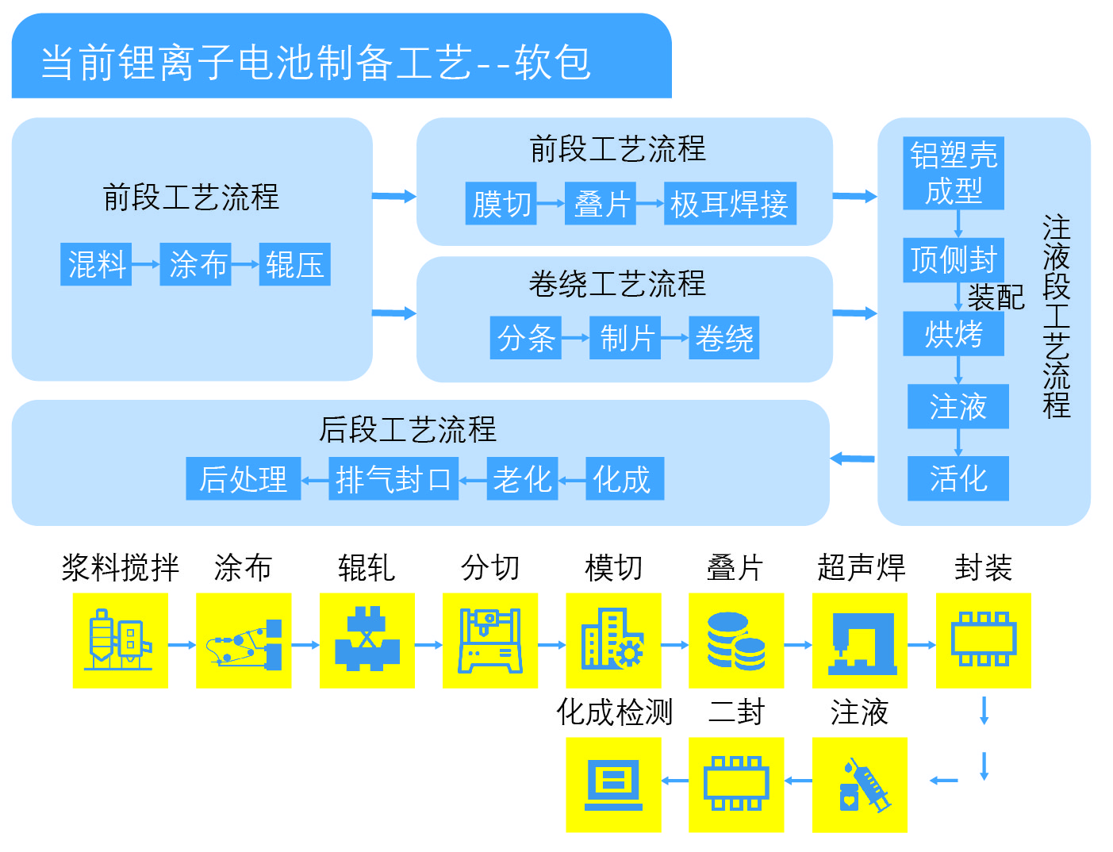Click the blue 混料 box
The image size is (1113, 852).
click(96, 264)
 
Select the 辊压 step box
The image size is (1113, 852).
click(294, 264)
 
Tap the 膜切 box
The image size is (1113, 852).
click(501, 204)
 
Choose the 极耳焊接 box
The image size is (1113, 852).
click(729, 204)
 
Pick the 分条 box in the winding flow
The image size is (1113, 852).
click(525, 339)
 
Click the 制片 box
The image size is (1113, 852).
click(625, 339)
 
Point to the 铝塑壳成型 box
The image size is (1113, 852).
click(954, 174)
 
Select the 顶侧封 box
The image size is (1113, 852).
click(954, 259)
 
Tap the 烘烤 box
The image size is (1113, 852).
click(954, 334)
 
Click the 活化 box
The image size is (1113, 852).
click(958, 478)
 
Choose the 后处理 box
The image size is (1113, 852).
click(244, 478)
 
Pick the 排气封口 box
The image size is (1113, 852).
click(393, 478)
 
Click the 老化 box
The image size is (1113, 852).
click(522, 478)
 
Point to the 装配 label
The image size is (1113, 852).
click(996, 297)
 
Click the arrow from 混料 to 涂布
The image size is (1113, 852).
click(146, 264)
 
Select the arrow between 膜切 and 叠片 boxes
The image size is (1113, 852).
click(551, 204)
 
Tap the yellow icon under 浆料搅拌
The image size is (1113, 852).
click(121, 640)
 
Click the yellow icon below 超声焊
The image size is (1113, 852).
click(860, 640)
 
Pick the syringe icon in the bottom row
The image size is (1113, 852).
click(860, 785)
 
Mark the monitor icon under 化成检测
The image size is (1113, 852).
click(613, 785)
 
